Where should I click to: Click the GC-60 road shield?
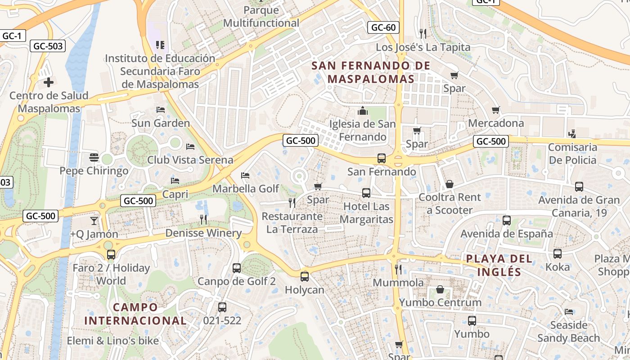point(384,27)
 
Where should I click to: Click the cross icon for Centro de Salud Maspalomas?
point(49,82)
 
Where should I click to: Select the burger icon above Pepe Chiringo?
point(94,157)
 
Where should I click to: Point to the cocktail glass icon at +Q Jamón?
point(94,220)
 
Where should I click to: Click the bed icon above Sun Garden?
point(160,109)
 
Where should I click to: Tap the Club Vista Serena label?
point(190,160)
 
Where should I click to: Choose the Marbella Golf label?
point(246,189)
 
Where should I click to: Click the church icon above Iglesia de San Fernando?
point(363,111)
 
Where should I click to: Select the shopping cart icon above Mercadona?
point(496,110)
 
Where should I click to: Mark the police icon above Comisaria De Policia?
point(572,134)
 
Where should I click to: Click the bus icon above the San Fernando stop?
point(382,158)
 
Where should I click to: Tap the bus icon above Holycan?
point(305,276)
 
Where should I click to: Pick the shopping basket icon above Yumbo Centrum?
point(440,289)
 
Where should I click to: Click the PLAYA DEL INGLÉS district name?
point(499,265)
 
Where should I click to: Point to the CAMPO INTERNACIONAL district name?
point(135,314)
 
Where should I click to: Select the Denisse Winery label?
point(203,233)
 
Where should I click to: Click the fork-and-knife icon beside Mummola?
point(398,270)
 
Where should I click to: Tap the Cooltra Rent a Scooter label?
point(450,203)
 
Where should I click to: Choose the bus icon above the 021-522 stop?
point(222,307)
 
